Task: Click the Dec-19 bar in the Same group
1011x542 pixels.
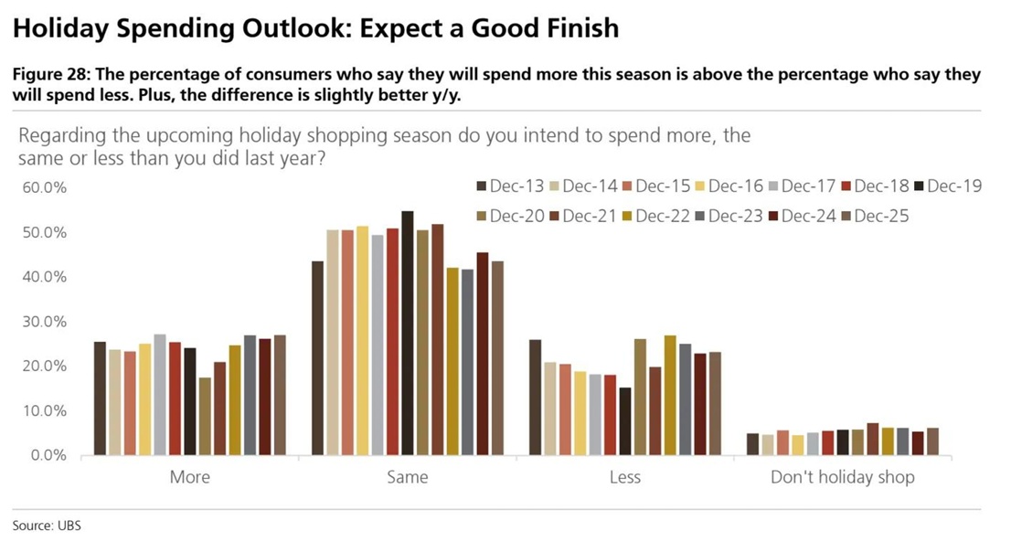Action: (x=408, y=333)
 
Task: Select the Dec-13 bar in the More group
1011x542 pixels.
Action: (x=100, y=398)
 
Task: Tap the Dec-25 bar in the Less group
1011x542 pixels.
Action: (x=715, y=403)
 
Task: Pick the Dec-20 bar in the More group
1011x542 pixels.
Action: (x=205, y=416)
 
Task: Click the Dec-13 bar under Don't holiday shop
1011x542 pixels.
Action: (x=752, y=444)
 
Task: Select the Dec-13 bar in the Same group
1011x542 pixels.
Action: (x=317, y=357)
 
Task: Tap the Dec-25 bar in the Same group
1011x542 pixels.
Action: (x=497, y=357)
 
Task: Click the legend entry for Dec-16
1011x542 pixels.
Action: (x=729, y=186)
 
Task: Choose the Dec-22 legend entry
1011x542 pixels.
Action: (x=655, y=216)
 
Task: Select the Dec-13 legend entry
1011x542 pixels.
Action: (x=509, y=186)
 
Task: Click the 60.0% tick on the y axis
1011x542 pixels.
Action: (x=45, y=188)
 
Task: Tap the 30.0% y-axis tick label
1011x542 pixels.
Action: (x=45, y=322)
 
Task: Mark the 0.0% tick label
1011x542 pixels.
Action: (x=48, y=455)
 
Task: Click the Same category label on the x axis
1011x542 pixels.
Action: (x=407, y=477)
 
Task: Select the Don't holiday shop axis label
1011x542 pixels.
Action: (x=842, y=477)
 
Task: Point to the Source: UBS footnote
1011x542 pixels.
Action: (x=47, y=526)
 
